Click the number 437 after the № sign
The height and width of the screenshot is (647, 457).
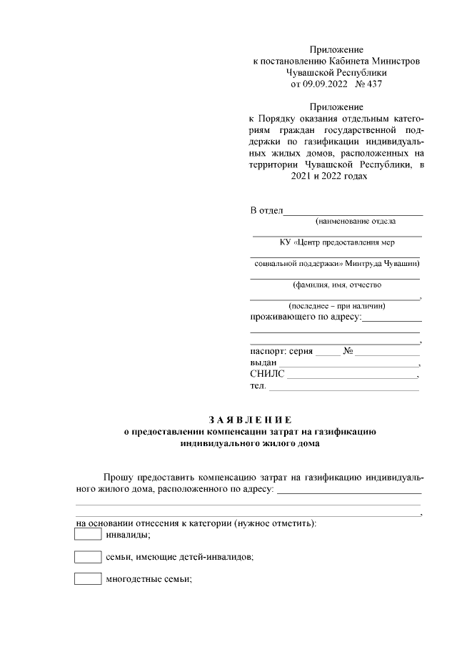pyautogui.click(x=375, y=84)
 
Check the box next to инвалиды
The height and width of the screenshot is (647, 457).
pyautogui.click(x=88, y=534)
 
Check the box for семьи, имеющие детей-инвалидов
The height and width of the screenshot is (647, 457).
pyautogui.click(x=88, y=557)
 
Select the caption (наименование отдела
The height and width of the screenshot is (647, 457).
pyautogui.click(x=336, y=222)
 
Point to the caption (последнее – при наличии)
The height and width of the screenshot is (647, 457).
pyautogui.click(x=336, y=306)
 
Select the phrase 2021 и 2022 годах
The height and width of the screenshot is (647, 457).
pyautogui.click(x=328, y=177)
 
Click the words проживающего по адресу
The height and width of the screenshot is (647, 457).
pyautogui.click(x=306, y=317)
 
